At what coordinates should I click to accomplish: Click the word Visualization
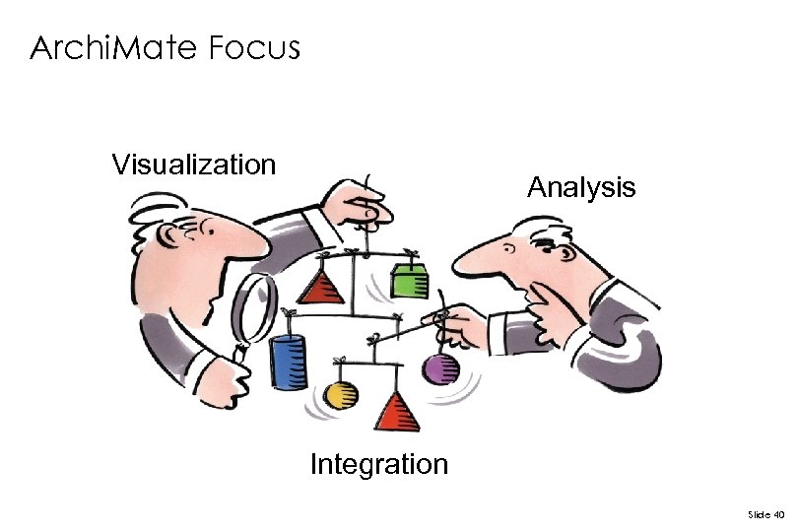193,164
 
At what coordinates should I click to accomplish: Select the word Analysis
581,187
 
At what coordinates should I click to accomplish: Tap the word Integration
378,464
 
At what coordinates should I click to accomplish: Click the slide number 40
765,514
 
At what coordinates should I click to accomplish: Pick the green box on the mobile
407,281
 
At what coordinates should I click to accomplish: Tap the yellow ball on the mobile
340,395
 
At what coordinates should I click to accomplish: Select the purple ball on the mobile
440,369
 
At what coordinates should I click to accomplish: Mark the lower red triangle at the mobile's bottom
397,412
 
